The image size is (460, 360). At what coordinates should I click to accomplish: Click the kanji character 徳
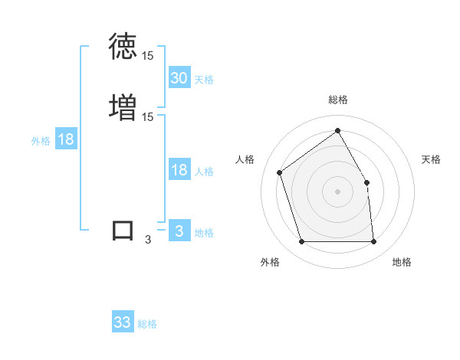123,47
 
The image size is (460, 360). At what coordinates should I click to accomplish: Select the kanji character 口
123,230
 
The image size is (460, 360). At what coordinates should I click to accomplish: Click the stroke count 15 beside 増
148,116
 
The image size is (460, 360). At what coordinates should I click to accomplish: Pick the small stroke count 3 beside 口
148,240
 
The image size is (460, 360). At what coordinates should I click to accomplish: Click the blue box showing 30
179,78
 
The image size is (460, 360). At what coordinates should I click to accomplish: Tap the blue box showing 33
123,322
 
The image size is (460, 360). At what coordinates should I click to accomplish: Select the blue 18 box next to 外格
65,139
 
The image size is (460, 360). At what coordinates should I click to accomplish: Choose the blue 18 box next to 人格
179,170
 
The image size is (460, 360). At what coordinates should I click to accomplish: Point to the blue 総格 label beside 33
147,324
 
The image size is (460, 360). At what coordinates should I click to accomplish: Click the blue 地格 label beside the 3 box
204,233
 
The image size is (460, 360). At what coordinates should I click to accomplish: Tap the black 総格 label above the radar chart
338,100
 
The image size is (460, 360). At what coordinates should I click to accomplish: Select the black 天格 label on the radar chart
431,159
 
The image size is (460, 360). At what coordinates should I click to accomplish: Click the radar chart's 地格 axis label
402,263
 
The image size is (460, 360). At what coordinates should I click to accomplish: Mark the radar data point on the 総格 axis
337,131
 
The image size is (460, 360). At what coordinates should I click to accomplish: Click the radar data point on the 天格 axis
366,182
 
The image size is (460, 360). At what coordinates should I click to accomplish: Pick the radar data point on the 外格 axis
301,242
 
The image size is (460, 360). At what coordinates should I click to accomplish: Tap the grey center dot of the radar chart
337,191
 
